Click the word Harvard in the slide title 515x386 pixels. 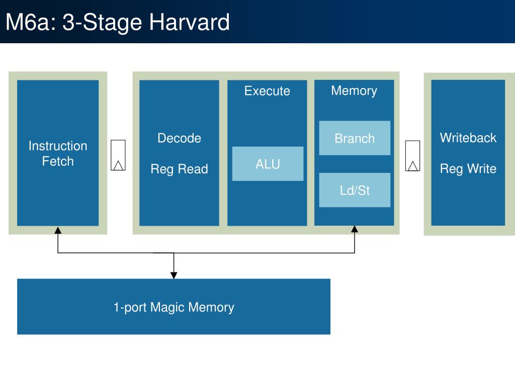(x=190, y=22)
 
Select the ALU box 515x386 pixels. (x=268, y=164)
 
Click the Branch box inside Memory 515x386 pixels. (x=355, y=138)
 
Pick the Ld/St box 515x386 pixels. (x=355, y=190)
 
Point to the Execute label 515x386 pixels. (x=267, y=91)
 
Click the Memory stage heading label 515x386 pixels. (x=354, y=91)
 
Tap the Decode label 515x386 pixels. (x=180, y=138)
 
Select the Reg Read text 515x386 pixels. (x=180, y=169)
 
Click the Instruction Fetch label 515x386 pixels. (x=58, y=154)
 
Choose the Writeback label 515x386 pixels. (x=468, y=138)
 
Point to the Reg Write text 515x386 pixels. (x=468, y=169)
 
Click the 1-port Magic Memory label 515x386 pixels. (x=174, y=307)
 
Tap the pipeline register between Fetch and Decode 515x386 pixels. (x=118, y=155)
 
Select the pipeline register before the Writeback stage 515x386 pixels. (x=413, y=156)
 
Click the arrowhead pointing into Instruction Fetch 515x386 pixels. (x=58, y=230)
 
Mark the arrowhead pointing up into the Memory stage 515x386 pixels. (x=355, y=229)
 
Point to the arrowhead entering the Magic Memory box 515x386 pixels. (x=174, y=275)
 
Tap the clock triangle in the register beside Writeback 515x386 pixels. (x=413, y=166)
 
